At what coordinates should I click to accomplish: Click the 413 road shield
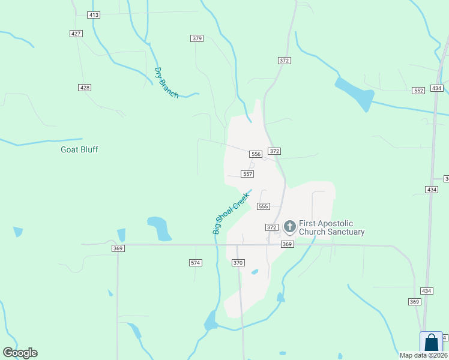pyautogui.click(x=93, y=14)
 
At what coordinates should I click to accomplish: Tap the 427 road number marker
pyautogui.click(x=76, y=34)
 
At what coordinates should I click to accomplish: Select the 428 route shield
pyautogui.click(x=85, y=88)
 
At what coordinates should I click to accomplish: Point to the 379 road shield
pyautogui.click(x=197, y=38)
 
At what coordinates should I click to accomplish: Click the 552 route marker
pyautogui.click(x=418, y=91)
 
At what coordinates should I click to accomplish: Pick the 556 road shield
pyautogui.click(x=256, y=154)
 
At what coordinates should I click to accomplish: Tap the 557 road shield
pyautogui.click(x=247, y=174)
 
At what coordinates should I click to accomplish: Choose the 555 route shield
pyautogui.click(x=263, y=206)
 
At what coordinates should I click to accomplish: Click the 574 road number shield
pyautogui.click(x=195, y=263)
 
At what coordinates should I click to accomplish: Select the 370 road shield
pyautogui.click(x=238, y=263)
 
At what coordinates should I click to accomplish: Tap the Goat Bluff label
pyautogui.click(x=79, y=149)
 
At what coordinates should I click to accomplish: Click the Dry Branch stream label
pyautogui.click(x=166, y=83)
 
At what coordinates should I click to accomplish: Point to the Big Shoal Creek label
pyautogui.click(x=231, y=213)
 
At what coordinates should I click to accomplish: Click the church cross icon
pyautogui.click(x=290, y=227)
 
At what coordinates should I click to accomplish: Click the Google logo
pyautogui.click(x=20, y=353)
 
